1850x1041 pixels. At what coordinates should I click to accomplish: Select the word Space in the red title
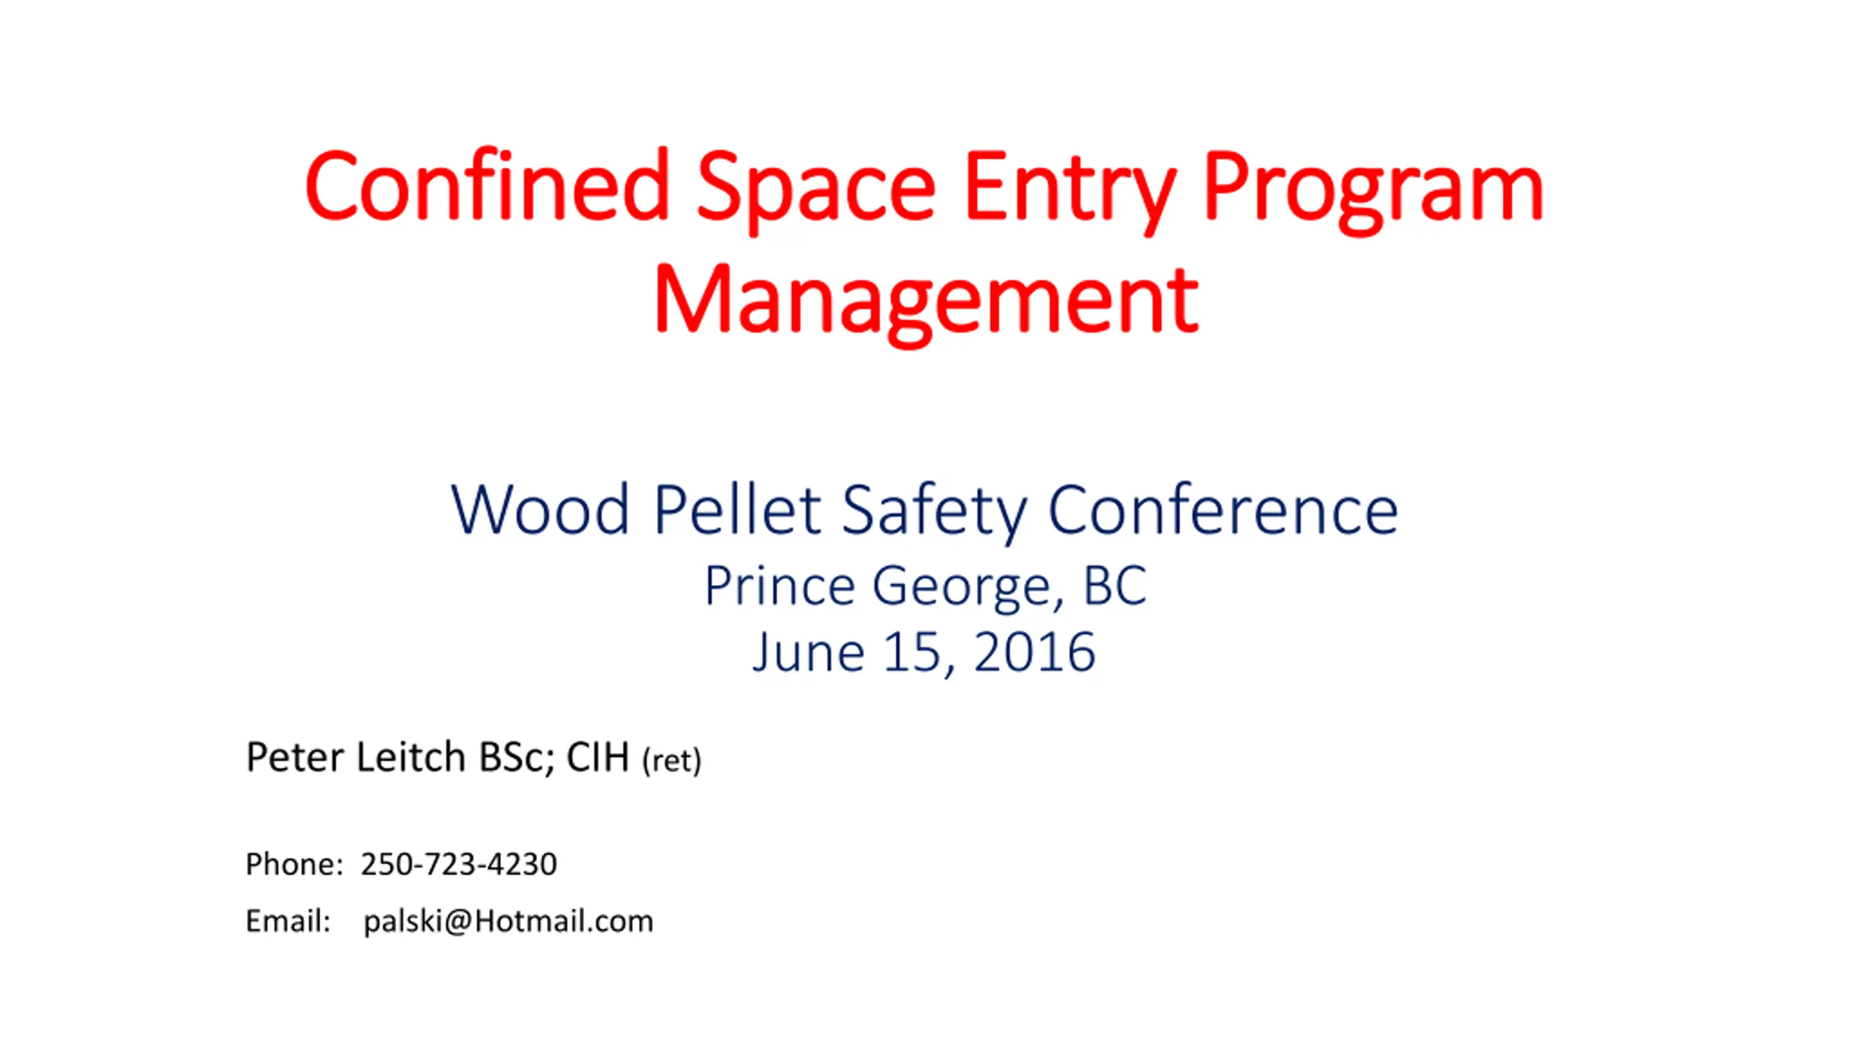[x=817, y=192]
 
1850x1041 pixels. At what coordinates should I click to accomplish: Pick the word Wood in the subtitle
[x=541, y=510]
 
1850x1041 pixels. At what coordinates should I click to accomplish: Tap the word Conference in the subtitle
[x=1223, y=509]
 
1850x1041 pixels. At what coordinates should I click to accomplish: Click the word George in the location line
[x=968, y=588]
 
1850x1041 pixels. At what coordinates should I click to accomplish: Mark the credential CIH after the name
[x=598, y=758]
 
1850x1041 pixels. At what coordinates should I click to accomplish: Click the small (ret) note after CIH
[x=671, y=761]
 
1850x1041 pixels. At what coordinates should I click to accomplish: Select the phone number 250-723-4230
[x=459, y=864]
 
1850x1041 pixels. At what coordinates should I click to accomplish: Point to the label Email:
[x=288, y=921]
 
